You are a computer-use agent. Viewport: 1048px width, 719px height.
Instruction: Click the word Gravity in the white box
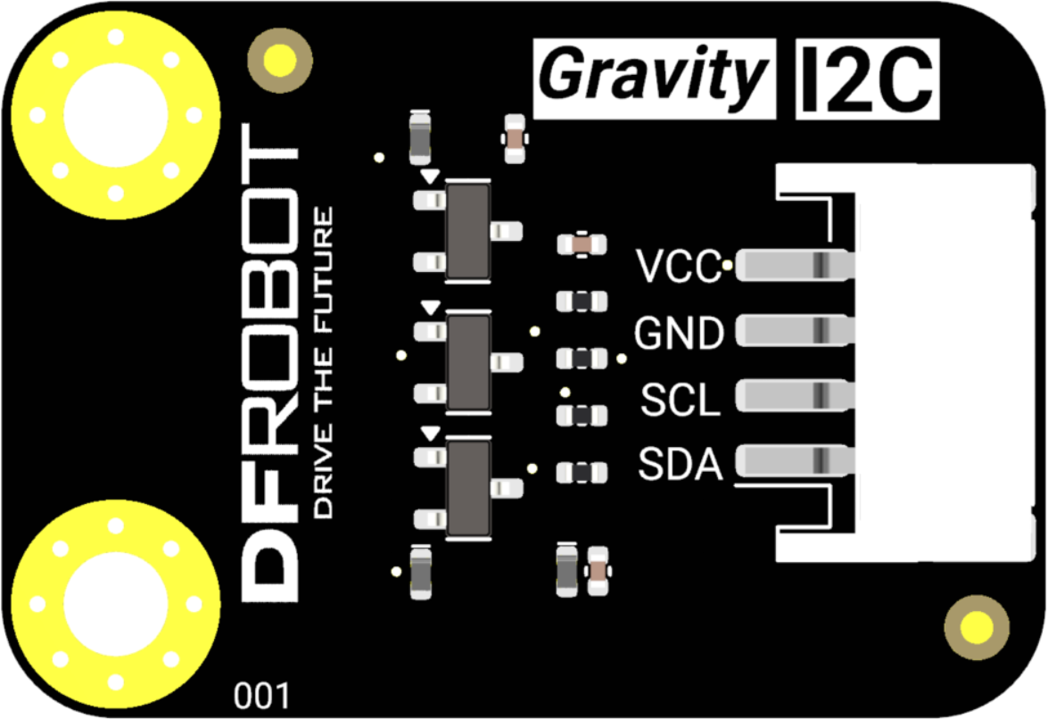point(654,78)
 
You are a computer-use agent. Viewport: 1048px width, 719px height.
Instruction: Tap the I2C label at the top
point(866,78)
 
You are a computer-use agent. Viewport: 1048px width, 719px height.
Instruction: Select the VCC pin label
point(678,267)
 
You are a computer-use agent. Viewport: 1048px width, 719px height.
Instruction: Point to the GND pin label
point(679,334)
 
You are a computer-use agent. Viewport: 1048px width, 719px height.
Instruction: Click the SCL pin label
point(680,401)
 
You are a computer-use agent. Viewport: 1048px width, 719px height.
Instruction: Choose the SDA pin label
point(679,464)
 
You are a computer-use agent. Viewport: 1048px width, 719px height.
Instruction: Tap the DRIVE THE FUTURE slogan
point(325,362)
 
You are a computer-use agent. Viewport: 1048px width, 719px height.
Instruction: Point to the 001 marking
point(260,694)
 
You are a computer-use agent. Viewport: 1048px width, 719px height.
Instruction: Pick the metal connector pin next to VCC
point(795,265)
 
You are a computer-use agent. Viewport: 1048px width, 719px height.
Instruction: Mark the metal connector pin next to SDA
point(795,460)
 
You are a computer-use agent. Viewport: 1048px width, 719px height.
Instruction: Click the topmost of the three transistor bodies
point(467,231)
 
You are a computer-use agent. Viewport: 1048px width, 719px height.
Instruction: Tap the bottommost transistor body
point(469,488)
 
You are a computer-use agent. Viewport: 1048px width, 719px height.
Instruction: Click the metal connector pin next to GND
point(795,332)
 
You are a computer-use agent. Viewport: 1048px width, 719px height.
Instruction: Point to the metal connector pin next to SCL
point(795,395)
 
